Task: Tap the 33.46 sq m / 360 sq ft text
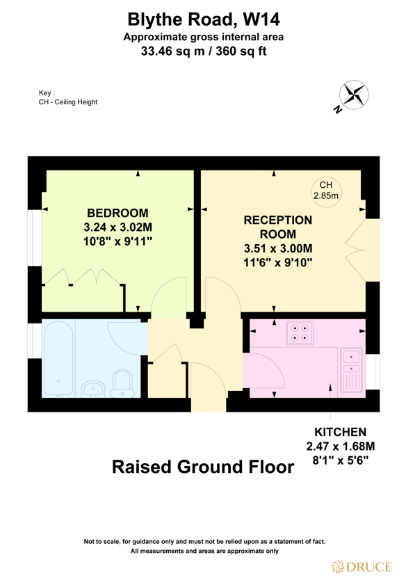pos(203,51)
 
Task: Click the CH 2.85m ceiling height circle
pos(325,190)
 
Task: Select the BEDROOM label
pos(117,212)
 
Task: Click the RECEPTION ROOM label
pos(278,227)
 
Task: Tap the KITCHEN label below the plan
pos(340,432)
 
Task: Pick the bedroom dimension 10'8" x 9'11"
pos(117,241)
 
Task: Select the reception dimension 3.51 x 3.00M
pos(278,248)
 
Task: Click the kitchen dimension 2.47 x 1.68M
pos(340,446)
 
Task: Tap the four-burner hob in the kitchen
pos(299,333)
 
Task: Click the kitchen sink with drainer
pos(350,370)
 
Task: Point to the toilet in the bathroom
pos(122,383)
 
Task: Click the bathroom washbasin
pos(92,388)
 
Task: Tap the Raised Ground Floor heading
pos(203,467)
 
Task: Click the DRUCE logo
pos(361,566)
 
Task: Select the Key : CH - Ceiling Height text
pos(67,97)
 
